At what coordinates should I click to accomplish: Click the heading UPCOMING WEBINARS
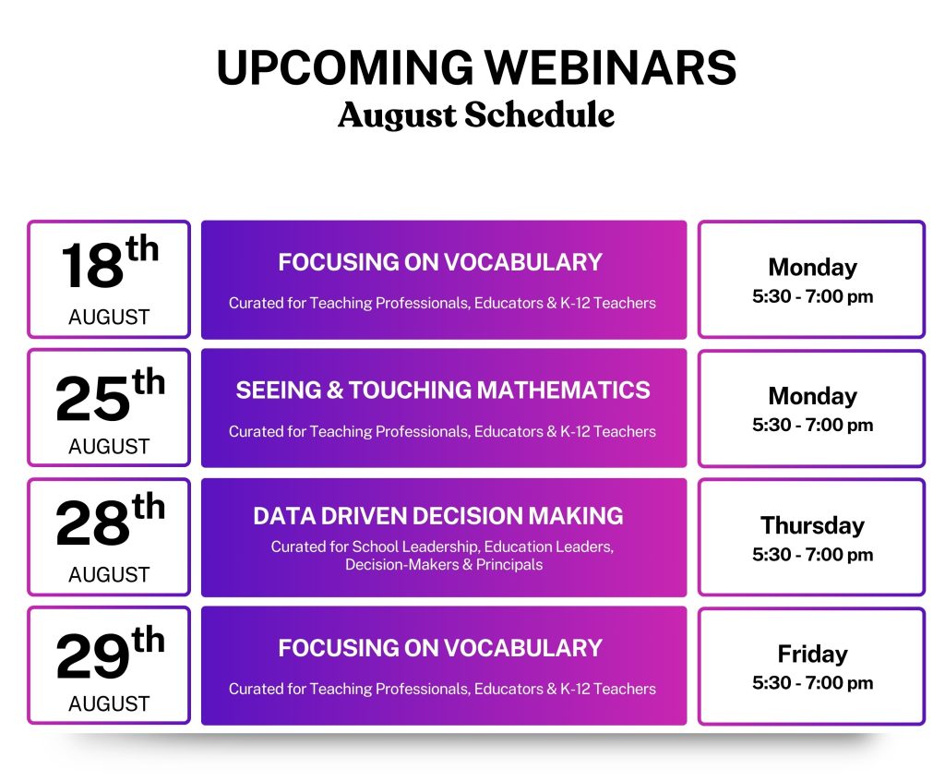476,67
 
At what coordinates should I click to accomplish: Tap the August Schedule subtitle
476,114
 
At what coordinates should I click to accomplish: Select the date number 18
92,266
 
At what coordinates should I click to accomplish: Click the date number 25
92,398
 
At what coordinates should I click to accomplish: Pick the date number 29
92,656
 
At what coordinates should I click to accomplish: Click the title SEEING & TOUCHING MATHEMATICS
443,390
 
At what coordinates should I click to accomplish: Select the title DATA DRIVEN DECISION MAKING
438,516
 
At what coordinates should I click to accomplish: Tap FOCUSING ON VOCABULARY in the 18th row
440,262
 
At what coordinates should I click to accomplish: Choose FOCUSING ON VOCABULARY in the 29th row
440,648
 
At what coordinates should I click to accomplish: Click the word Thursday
812,526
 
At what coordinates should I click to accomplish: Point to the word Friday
812,655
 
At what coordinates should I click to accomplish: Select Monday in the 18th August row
812,268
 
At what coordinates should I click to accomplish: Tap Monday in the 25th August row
812,396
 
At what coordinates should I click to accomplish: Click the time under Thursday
812,554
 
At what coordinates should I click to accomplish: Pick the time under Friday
812,683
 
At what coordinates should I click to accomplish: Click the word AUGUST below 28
109,575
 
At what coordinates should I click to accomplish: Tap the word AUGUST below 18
109,318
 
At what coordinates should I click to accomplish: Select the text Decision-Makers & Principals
444,564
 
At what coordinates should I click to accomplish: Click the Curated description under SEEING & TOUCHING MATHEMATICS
442,432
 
